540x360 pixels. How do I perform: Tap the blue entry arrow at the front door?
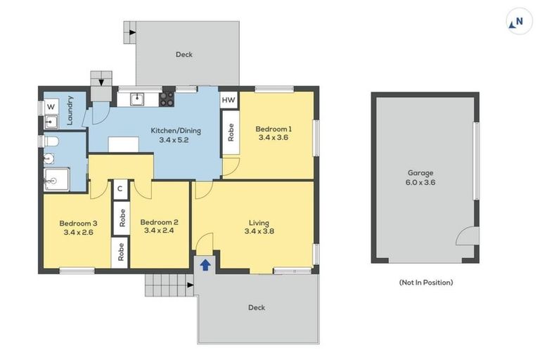[x=205, y=264]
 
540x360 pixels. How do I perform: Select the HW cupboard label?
[x=229, y=101]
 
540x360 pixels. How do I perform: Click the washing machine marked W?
[x=51, y=106]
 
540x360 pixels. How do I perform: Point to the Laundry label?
[x=70, y=112]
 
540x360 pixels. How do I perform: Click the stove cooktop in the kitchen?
[x=167, y=99]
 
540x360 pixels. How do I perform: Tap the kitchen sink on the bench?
[x=136, y=99]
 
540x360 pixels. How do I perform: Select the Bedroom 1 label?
[x=274, y=129]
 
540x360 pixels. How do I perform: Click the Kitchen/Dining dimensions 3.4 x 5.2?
[x=173, y=140]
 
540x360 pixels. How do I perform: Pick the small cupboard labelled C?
[x=120, y=188]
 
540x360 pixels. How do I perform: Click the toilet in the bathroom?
[x=51, y=143]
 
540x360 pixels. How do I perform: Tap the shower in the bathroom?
[x=56, y=179]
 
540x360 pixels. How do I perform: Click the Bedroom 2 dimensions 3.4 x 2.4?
[x=160, y=230]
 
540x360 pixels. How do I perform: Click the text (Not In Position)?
[x=425, y=282]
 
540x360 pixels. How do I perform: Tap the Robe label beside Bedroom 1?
[x=229, y=132]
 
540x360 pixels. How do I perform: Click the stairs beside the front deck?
[x=169, y=285]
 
